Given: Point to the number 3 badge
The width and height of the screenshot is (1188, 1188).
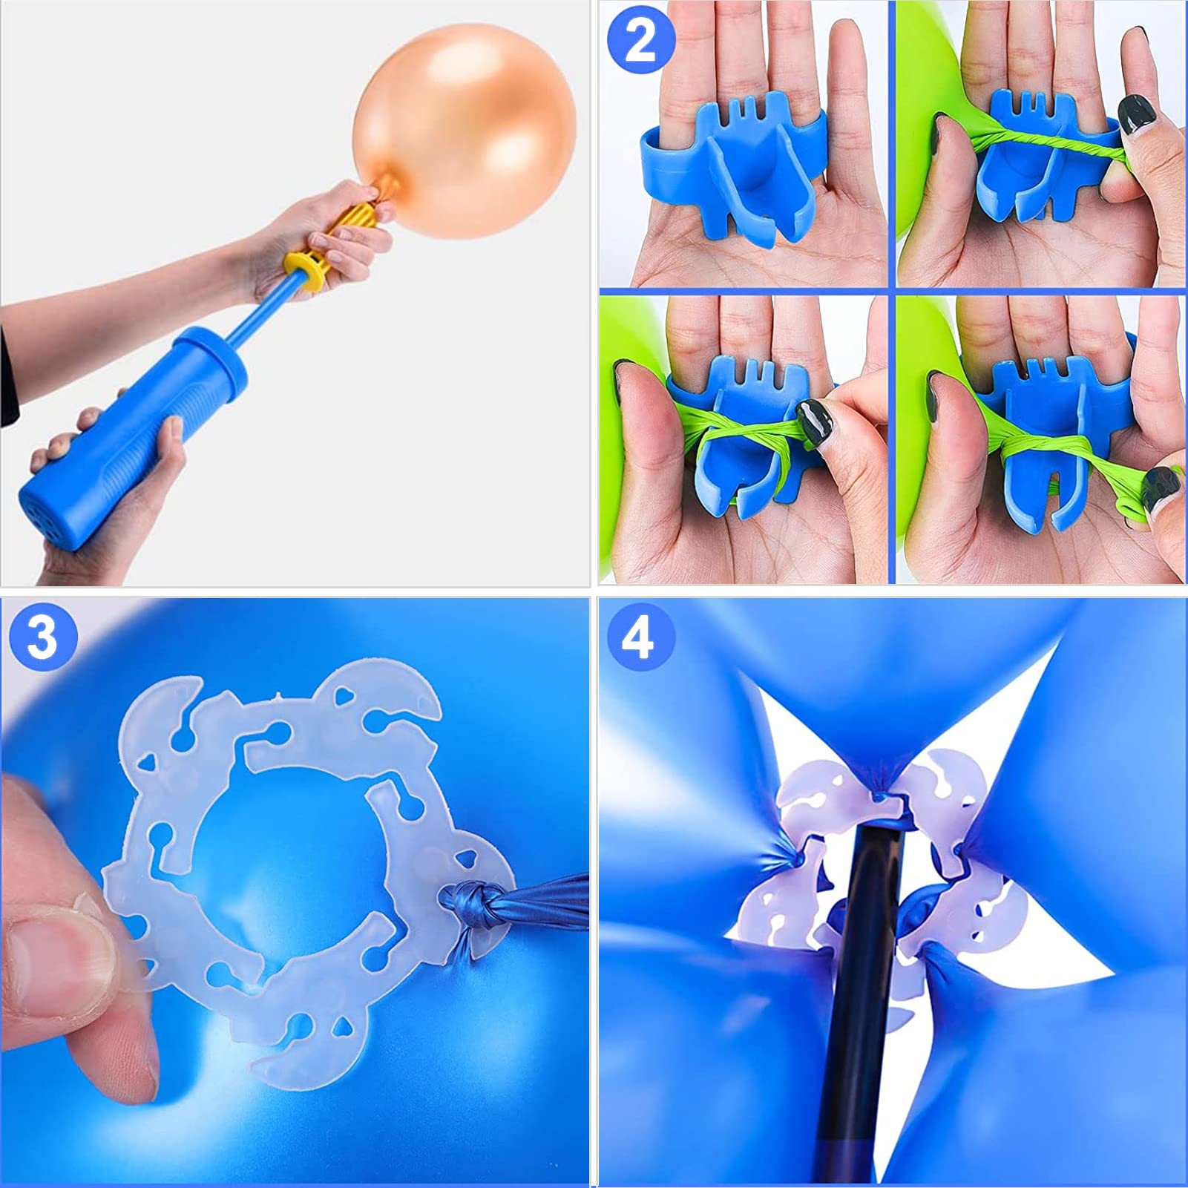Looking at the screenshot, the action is pos(43,637).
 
